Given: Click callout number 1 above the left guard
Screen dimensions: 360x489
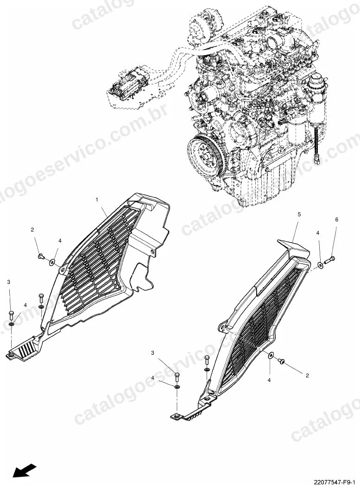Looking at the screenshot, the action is [x=97, y=199].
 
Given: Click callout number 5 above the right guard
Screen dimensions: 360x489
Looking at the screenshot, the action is [x=299, y=214].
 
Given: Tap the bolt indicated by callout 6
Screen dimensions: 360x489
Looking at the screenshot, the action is [x=329, y=260].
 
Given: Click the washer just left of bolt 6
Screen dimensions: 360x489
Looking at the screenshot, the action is [x=320, y=265].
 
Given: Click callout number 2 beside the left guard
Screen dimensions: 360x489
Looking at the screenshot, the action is [x=32, y=230].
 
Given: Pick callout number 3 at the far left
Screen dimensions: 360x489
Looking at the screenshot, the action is [x=9, y=282].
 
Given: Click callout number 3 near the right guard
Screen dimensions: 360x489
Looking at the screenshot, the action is [x=152, y=353].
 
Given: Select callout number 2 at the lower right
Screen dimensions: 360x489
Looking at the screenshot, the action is [x=307, y=376].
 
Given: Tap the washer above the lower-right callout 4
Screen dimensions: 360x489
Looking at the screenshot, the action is [x=271, y=356].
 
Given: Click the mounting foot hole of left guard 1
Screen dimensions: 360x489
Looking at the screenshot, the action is [x=12, y=355].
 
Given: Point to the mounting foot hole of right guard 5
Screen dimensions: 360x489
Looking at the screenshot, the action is [x=176, y=416].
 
